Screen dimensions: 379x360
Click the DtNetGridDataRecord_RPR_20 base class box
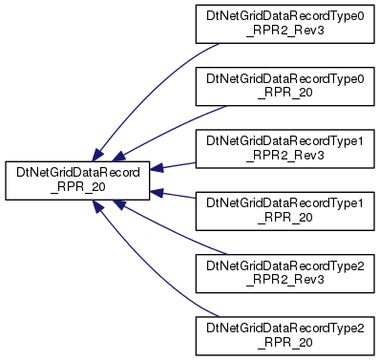pos(77,180)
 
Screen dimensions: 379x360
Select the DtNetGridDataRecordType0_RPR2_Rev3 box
pos(284,24)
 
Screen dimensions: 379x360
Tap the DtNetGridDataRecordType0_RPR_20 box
pos(284,86)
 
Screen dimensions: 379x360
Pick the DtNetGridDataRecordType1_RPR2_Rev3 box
pos(284,149)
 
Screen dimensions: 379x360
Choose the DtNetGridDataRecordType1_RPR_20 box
pos(284,211)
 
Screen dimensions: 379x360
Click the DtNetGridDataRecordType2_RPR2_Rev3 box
pos(284,273)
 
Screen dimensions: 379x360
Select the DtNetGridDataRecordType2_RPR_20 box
pos(284,336)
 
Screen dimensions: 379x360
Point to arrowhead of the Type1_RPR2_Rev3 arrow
pos(157,168)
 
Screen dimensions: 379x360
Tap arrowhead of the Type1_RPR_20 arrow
pos(157,193)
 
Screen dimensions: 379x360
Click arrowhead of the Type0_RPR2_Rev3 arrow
pos(98,155)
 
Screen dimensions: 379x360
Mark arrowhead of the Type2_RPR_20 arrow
pos(98,206)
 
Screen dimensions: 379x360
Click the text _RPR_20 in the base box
pos(78,187)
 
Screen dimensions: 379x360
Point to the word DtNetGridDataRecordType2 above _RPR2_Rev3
pos(284,265)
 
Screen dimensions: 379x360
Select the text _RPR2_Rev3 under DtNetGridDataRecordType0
pos(285,31)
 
